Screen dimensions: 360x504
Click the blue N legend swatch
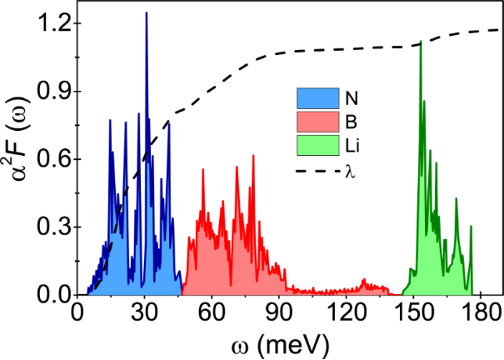[319, 97]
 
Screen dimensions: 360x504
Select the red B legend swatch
[319, 122]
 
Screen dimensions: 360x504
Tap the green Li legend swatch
[319, 147]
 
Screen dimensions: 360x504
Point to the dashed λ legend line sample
[319, 171]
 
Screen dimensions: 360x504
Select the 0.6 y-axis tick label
[50, 159]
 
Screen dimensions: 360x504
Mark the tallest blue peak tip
[146, 12]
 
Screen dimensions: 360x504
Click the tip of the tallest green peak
[421, 41]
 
